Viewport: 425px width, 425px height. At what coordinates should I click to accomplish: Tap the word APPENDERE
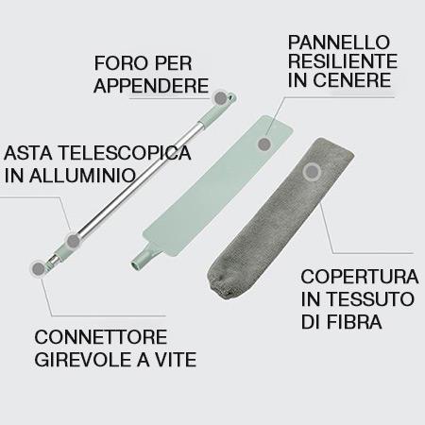(x=151, y=85)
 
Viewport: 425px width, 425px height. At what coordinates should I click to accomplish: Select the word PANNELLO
(x=339, y=42)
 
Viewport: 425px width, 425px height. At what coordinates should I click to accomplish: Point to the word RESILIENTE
(x=343, y=61)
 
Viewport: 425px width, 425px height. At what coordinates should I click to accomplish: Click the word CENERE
(x=352, y=80)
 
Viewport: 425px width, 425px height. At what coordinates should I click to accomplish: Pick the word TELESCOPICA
(x=125, y=153)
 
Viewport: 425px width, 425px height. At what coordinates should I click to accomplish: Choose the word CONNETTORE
(x=101, y=337)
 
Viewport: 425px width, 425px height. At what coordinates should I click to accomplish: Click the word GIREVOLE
(x=83, y=360)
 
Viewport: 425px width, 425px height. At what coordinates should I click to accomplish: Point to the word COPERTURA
(x=360, y=277)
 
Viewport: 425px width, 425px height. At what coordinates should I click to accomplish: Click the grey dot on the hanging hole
(x=221, y=98)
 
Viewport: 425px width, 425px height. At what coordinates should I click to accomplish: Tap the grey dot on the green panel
(x=264, y=144)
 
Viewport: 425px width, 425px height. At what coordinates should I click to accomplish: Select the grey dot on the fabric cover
(x=312, y=172)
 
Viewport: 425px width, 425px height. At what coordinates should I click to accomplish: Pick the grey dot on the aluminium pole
(x=74, y=241)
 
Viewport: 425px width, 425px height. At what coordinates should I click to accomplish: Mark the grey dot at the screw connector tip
(x=39, y=268)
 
